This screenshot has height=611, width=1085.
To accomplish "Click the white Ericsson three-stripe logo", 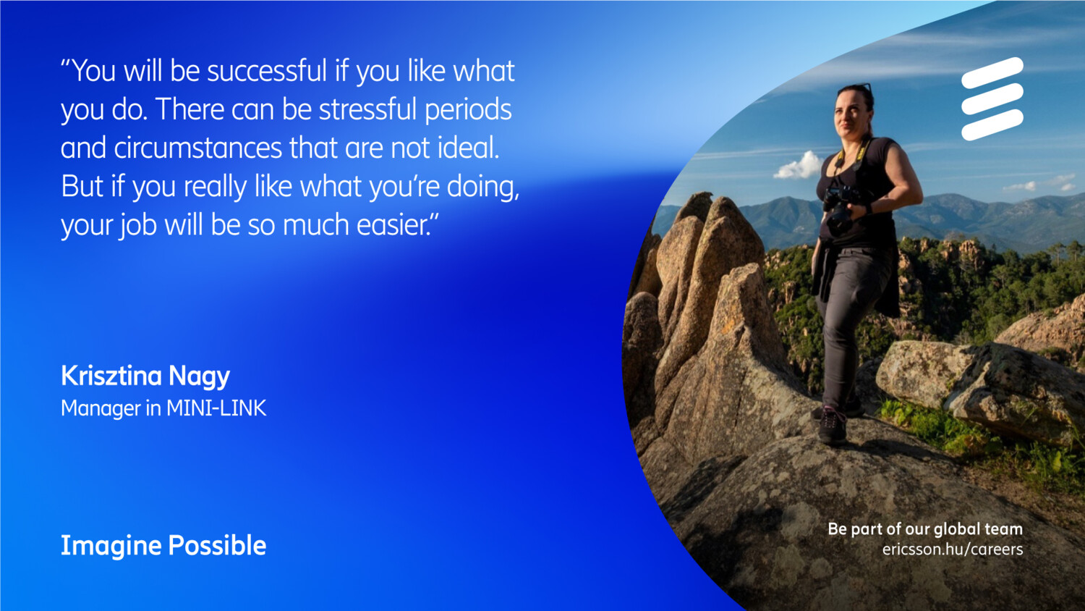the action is tap(992, 99).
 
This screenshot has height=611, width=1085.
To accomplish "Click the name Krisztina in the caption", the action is tap(111, 376).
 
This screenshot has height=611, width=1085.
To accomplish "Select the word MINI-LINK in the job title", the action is tap(216, 408).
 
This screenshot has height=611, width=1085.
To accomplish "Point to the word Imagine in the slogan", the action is tap(111, 546).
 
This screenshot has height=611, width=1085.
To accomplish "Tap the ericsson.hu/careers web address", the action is tap(953, 549).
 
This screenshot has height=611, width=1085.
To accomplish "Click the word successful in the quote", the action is tap(268, 71).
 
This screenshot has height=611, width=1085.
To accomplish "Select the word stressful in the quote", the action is tap(367, 109).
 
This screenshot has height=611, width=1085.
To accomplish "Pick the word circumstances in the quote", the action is tap(198, 148).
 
